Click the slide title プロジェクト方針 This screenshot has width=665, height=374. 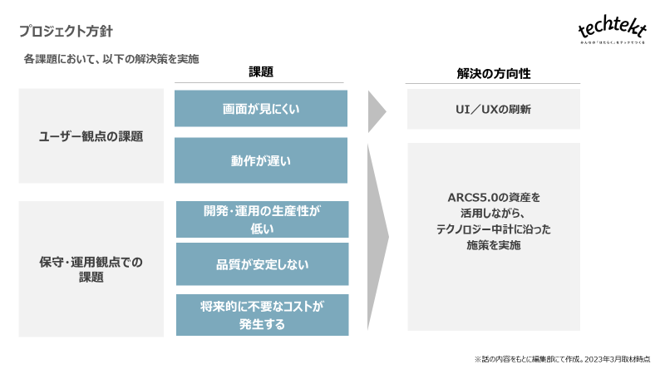tap(66, 32)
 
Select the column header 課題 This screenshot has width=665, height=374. tap(261, 72)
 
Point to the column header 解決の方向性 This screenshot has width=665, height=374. tap(494, 73)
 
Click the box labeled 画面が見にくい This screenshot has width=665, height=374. tap(261, 109)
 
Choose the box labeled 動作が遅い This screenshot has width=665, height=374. tap(261, 160)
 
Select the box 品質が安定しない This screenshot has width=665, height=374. tap(262, 264)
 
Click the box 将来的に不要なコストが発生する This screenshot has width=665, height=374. tap(262, 315)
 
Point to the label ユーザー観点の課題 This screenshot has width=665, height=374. tap(91, 136)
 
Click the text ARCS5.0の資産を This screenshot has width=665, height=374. tap(494, 198)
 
